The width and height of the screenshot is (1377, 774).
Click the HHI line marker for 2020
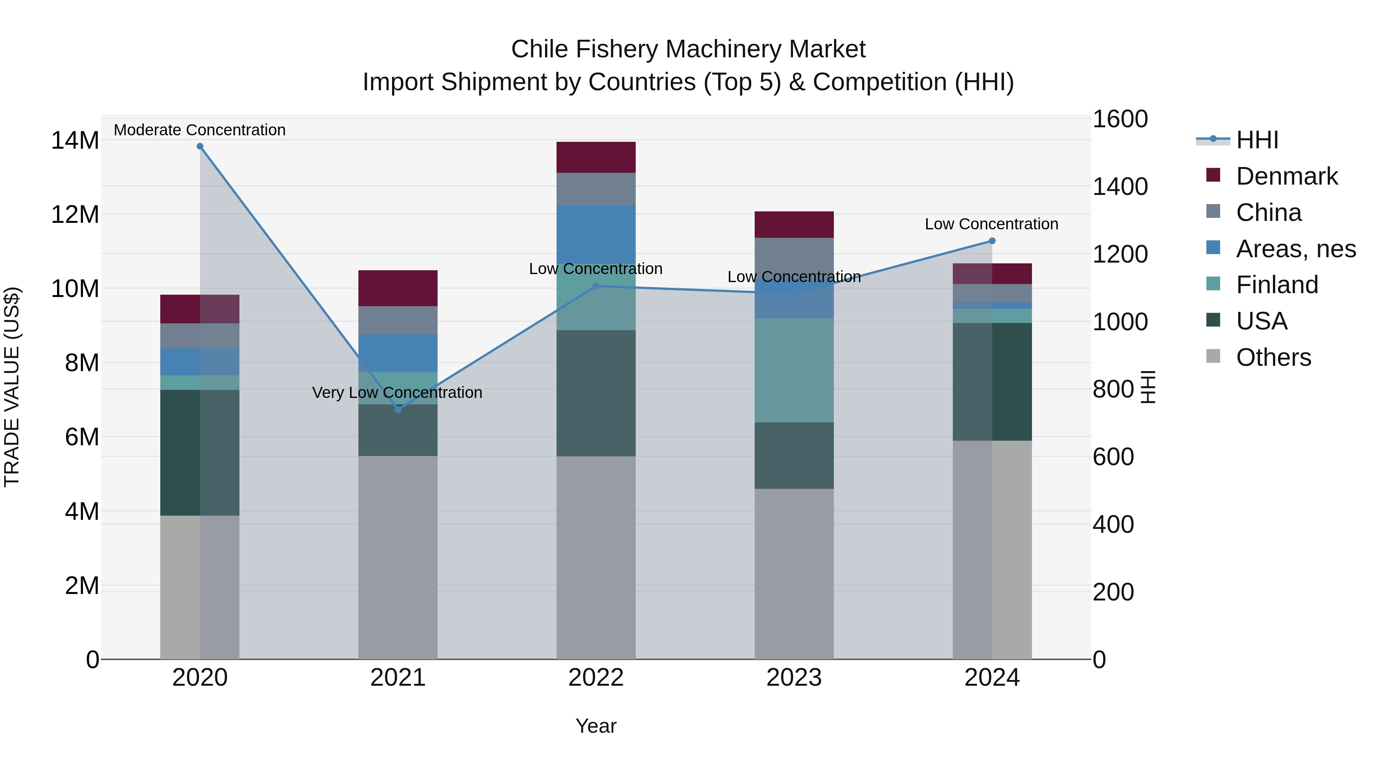(200, 146)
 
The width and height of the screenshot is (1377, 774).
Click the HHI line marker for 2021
(398, 409)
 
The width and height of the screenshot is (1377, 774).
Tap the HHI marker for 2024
(992, 241)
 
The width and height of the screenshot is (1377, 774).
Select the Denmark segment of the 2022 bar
(596, 157)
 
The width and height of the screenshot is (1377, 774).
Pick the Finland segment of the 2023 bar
(794, 370)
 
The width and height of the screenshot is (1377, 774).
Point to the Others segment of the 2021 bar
(398, 557)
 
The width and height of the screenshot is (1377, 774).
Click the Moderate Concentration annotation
(200, 130)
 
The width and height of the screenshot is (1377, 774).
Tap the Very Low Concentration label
(397, 393)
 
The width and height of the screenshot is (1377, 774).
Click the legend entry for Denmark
(1287, 176)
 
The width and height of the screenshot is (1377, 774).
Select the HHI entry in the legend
(1257, 140)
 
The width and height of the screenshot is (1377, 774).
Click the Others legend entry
(1273, 357)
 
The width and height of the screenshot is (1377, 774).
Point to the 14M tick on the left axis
(75, 141)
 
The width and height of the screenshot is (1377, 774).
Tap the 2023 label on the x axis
(794, 678)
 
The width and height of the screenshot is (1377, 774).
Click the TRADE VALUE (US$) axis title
(12, 387)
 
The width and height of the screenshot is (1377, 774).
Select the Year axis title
(596, 726)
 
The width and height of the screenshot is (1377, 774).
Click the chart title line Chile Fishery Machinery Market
(688, 49)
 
